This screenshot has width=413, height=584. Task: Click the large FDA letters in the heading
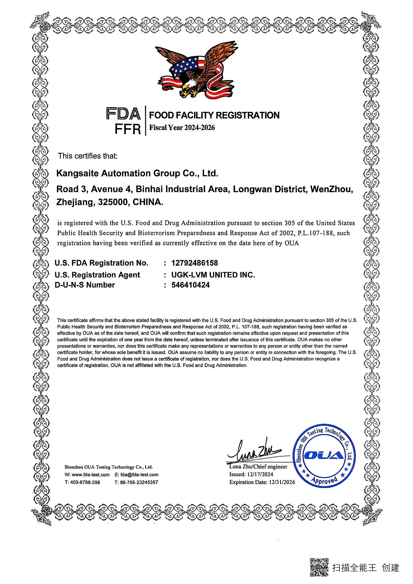pos(123,114)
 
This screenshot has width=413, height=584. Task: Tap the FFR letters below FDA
pos(128,129)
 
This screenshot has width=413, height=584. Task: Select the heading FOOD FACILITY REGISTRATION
pos(214,115)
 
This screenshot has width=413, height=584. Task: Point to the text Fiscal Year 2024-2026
pos(182,128)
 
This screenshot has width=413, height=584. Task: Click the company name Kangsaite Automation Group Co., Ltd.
pos(137,173)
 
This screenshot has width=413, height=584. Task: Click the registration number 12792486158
pos(194,263)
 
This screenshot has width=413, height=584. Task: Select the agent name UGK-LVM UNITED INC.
pos(213,275)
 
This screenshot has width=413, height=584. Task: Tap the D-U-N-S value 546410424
pos(191,285)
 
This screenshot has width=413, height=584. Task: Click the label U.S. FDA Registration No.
pos(101,263)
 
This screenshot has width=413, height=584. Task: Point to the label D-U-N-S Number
pos(85,285)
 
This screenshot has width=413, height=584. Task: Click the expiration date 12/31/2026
pos(282,482)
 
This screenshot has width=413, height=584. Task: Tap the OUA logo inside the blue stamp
pos(324,455)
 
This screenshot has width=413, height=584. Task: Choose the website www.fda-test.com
pos(91,474)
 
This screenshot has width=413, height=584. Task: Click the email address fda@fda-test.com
pos(140,474)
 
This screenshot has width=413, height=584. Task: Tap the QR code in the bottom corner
pos(319,567)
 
